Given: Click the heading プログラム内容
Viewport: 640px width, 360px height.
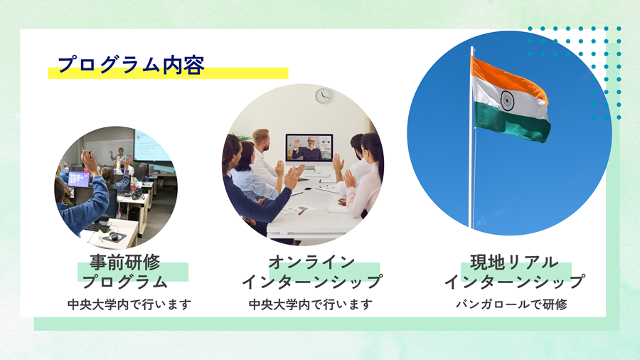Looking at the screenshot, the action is point(131,65).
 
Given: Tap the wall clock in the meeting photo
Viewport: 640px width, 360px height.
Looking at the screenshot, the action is point(323,96).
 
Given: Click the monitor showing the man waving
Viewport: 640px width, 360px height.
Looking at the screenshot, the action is point(309,148).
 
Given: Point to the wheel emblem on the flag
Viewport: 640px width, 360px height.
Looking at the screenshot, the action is point(507,100).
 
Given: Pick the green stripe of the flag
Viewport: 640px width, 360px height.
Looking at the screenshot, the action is point(512,122).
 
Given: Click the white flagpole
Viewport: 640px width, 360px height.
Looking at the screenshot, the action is point(472,137).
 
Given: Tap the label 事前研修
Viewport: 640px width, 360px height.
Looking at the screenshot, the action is point(125,262).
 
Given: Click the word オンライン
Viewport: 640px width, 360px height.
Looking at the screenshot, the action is point(311,262).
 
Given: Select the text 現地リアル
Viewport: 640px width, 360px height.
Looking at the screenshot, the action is point(514,262).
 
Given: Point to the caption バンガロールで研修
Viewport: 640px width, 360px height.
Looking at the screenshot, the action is point(511,305).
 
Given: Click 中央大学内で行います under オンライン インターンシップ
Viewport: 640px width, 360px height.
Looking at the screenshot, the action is point(311,305).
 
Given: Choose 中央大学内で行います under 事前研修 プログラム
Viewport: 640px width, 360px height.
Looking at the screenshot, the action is point(129,305).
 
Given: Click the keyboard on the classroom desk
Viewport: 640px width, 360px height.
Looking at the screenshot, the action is point(98,227).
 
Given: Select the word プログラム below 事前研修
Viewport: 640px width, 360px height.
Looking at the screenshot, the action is point(125,282).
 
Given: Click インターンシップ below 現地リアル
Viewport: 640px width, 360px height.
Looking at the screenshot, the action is point(514,282).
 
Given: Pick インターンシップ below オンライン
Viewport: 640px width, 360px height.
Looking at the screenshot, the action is point(312,282).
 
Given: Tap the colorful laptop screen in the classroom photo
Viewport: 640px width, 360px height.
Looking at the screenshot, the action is point(79,179).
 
